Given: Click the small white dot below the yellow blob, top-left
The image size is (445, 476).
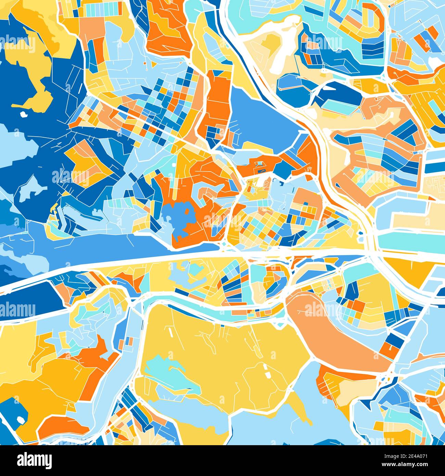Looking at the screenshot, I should point(23,114).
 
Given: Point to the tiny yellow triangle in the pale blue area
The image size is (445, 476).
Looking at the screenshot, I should point(301,408).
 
